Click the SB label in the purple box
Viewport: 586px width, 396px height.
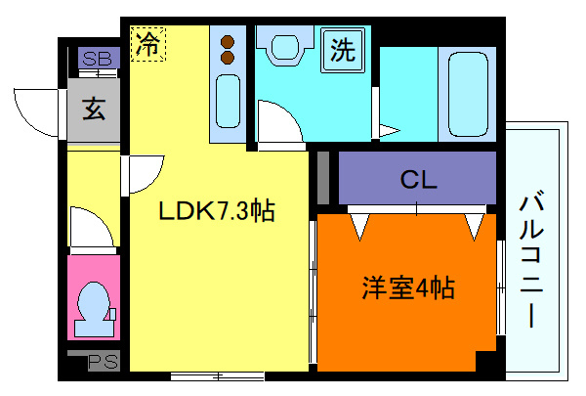pyautogui.click(x=96, y=59)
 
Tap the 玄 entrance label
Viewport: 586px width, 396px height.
pyautogui.click(x=94, y=110)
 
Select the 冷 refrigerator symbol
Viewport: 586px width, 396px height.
pyautogui.click(x=148, y=44)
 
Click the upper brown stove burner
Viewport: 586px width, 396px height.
pyautogui.click(x=229, y=42)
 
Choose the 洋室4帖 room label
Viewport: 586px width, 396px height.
pyautogui.click(x=409, y=288)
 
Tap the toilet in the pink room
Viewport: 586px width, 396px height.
pyautogui.click(x=94, y=304)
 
